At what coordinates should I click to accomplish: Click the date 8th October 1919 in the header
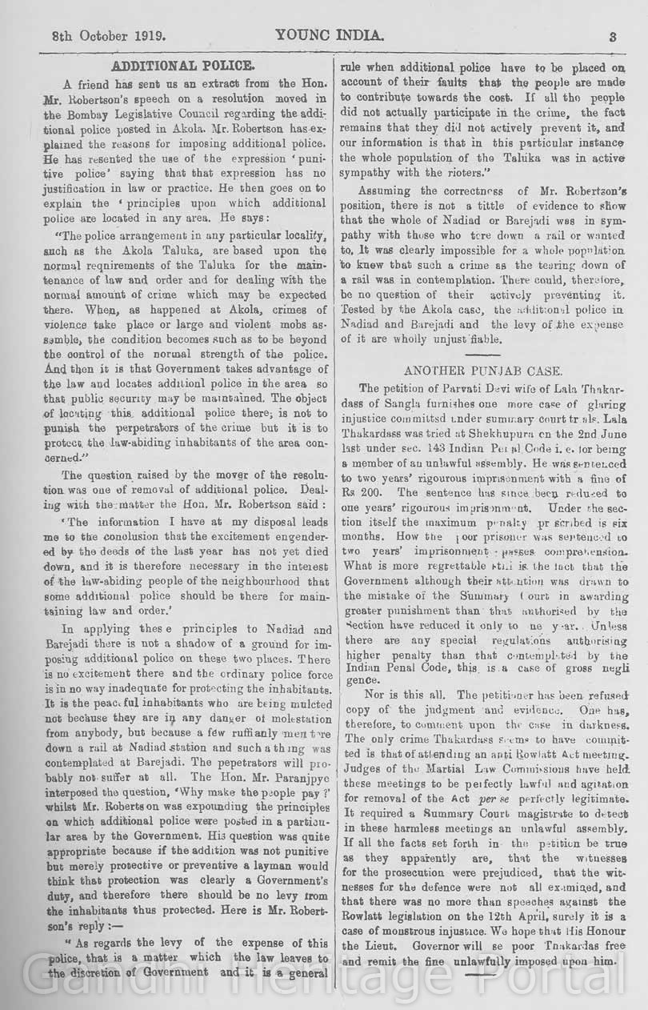pyautogui.click(x=109, y=36)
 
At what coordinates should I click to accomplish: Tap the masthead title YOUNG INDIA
pyautogui.click(x=330, y=36)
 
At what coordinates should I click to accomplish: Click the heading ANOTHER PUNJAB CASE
pyautogui.click(x=482, y=371)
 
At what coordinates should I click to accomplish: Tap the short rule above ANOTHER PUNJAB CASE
pyautogui.click(x=482, y=355)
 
